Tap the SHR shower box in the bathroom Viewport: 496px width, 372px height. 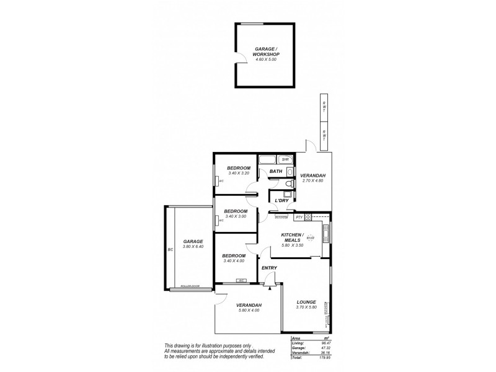pos(285,159)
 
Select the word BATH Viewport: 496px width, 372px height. pos(276,171)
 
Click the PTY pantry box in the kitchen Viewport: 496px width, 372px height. pos(299,217)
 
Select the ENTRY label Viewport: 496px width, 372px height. pos(269,268)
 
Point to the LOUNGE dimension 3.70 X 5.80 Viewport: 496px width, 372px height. pos(306,308)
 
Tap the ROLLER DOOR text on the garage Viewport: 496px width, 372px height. pos(189,286)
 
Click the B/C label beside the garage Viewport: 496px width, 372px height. pos(169,250)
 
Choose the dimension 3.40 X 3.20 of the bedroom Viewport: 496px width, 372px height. pos(238,174)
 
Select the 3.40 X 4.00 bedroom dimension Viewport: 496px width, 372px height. pos(234,261)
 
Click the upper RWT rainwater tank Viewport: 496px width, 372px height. pos(323,107)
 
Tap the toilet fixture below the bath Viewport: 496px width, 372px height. pos(287,184)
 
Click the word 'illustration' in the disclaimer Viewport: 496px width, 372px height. pos(218,345)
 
